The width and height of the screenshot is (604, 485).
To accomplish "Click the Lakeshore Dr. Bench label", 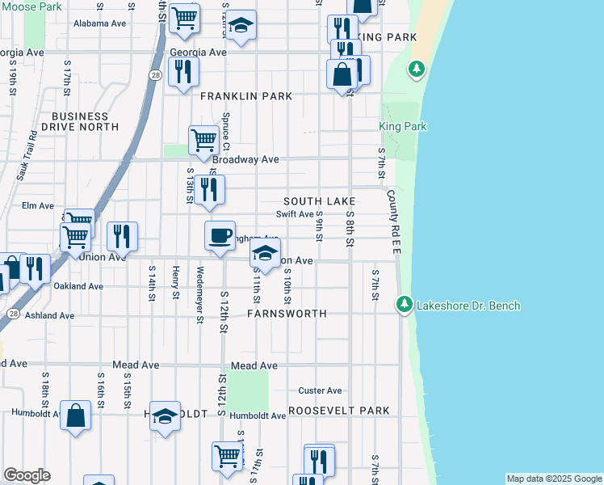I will tap(468, 306).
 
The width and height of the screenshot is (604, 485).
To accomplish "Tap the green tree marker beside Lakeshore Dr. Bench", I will tap(404, 305).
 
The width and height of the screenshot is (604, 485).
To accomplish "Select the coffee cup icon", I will tap(220, 236).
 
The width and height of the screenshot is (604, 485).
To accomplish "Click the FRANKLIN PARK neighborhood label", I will tap(246, 96).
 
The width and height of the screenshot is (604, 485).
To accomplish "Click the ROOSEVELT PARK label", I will tap(339, 411).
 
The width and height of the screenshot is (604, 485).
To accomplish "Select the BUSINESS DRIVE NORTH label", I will tap(84, 121).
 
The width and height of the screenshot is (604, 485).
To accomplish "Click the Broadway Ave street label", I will tap(246, 159).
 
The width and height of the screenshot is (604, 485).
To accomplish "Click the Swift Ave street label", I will tap(294, 214).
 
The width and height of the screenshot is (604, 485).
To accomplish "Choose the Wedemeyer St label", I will tap(199, 295).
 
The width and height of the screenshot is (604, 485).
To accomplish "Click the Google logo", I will tap(27, 475).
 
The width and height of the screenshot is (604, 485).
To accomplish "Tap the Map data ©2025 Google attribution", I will tap(554, 479).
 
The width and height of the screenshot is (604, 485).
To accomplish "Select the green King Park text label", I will tap(403, 127).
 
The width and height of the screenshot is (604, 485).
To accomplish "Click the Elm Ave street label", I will tap(38, 206).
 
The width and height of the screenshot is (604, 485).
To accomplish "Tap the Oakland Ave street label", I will tap(78, 286).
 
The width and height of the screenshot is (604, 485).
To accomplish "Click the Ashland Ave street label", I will tap(50, 315).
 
